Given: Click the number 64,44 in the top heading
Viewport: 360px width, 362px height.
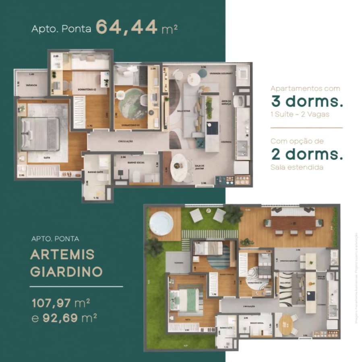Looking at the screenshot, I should pos(126,27).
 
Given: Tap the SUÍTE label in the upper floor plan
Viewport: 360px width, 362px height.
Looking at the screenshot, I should pos(47,158).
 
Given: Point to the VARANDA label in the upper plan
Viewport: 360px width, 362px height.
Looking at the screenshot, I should pos(31,85).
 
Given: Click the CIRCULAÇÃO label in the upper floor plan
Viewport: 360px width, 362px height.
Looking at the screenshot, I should pos(126,142).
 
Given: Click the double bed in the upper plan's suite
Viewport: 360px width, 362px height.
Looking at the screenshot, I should pos(40,134).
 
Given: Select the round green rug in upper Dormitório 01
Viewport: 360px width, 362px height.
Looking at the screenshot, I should pos(132,102).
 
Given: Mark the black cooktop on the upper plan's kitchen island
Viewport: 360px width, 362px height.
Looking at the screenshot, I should pos(212,128).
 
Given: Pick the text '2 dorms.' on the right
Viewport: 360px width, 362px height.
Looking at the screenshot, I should pos(307,154).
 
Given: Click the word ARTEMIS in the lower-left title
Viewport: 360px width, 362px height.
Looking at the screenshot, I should pos(62,255).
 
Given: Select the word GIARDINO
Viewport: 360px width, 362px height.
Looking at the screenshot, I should pos(66,271).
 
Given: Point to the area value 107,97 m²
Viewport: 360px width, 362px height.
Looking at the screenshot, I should pos(64,302).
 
